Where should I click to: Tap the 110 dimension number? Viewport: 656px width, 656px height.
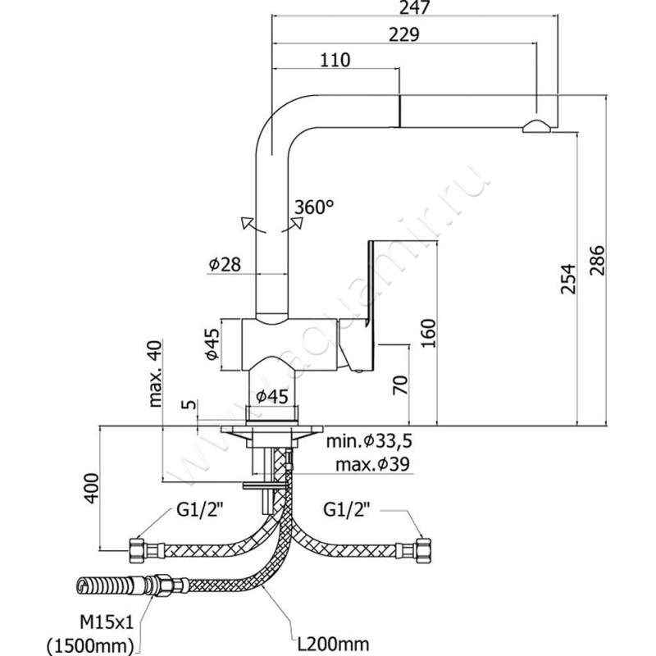(x=335, y=60)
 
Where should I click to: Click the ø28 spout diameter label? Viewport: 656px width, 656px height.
(x=222, y=264)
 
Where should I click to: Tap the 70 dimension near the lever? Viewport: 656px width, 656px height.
(x=400, y=385)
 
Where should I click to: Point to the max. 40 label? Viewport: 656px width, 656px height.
(x=156, y=372)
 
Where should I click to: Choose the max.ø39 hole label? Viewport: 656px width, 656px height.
(x=371, y=466)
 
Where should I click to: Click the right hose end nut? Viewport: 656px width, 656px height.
(x=425, y=546)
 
